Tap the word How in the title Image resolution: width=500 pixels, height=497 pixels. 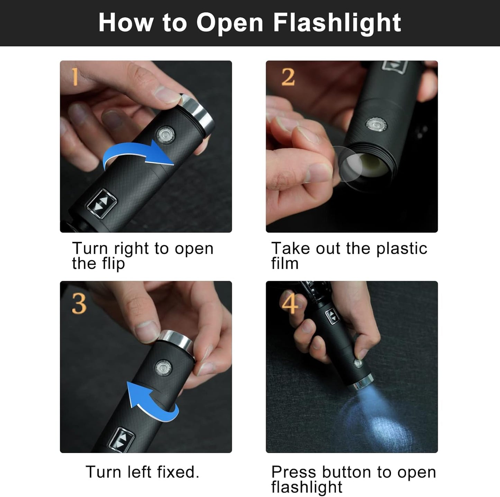pyautogui.click(x=126, y=23)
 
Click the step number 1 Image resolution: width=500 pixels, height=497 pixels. pyautogui.click(x=75, y=77)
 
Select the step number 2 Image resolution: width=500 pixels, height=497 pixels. pyautogui.click(x=288, y=77)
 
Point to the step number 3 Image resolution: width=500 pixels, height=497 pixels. pyautogui.click(x=79, y=304)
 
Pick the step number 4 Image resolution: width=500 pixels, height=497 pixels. pyautogui.click(x=289, y=303)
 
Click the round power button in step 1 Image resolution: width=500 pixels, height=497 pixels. pyautogui.click(x=165, y=134)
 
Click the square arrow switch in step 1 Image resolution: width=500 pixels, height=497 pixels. pyautogui.click(x=101, y=204)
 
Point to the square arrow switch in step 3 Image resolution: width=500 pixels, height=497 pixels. pyautogui.click(x=121, y=440)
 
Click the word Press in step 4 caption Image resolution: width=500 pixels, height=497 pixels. pyautogui.click(x=294, y=472)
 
